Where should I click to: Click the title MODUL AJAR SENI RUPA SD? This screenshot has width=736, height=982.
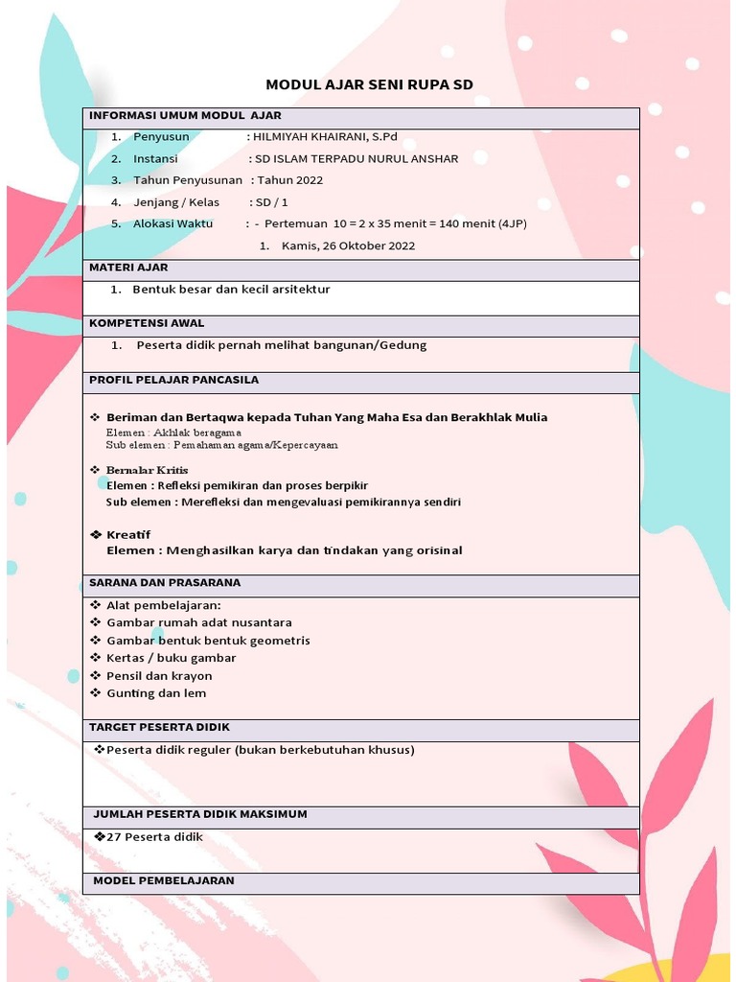tap(369, 85)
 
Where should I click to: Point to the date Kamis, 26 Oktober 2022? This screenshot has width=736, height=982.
tap(348, 245)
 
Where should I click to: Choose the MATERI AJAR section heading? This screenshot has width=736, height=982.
tap(128, 268)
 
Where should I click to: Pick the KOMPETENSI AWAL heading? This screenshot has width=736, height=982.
tap(147, 323)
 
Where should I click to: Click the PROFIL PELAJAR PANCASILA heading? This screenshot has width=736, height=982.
tap(173, 380)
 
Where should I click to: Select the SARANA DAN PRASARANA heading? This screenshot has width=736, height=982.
tap(165, 582)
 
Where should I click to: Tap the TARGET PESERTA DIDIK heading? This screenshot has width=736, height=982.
tap(159, 727)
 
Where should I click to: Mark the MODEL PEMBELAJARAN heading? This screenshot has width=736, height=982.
tap(163, 880)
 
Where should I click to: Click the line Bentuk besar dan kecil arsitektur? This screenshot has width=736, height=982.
tap(231, 289)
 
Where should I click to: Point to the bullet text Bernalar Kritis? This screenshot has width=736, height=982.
tap(147, 470)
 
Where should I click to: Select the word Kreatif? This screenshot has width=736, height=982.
tap(128, 534)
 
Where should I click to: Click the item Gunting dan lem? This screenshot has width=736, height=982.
tap(156, 693)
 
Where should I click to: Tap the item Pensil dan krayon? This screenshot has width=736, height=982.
tap(159, 676)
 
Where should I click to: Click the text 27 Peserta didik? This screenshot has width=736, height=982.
tap(154, 837)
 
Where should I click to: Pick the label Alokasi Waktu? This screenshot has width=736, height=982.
tap(172, 223)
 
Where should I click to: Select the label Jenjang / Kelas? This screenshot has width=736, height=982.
tap(176, 202)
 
